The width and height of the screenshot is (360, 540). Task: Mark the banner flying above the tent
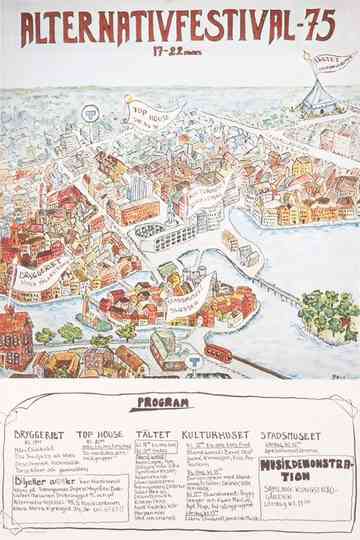(326, 61)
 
